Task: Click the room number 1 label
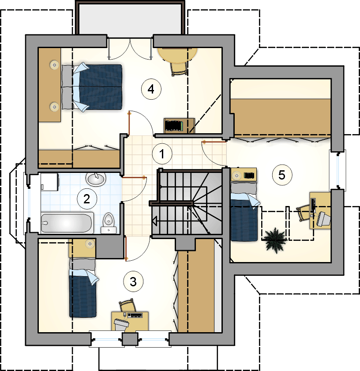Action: coord(162,154)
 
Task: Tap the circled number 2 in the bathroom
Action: coord(87,199)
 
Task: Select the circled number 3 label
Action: coord(133,281)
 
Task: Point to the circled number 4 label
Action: coord(151,89)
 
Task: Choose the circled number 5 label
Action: coord(282,175)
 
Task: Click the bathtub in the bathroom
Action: coord(67,223)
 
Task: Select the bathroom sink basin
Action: coord(96,179)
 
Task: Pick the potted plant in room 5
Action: coord(275,240)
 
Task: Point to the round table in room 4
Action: coord(177,55)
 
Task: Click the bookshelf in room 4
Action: coord(179,126)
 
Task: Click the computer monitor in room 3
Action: coord(121,324)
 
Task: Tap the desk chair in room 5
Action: coord(304,213)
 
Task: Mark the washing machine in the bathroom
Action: coord(49,182)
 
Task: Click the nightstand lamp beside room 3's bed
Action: coord(90,244)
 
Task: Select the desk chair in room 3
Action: coord(127,305)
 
